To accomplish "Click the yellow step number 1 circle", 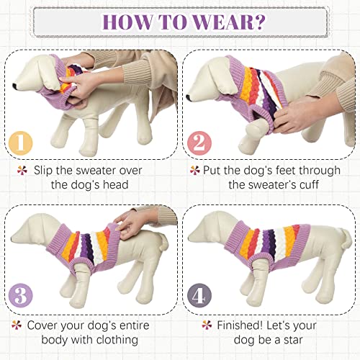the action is point(20,143).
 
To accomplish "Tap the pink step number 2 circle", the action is point(199,143).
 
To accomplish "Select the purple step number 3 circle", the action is point(20,295).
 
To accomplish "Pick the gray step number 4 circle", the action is point(199,295).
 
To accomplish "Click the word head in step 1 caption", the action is point(115,185).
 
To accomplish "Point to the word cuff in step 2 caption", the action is point(308,184).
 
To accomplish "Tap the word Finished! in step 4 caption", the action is point(240,325).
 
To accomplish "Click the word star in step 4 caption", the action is point(292,340).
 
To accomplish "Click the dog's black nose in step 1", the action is point(15,86).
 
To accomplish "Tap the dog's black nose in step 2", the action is point(189,97).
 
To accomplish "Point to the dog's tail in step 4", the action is point(345,237).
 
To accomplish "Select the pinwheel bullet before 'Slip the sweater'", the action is point(22,171).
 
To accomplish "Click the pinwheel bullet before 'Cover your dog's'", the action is point(17,325).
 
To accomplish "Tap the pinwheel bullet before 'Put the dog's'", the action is point(194,170).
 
